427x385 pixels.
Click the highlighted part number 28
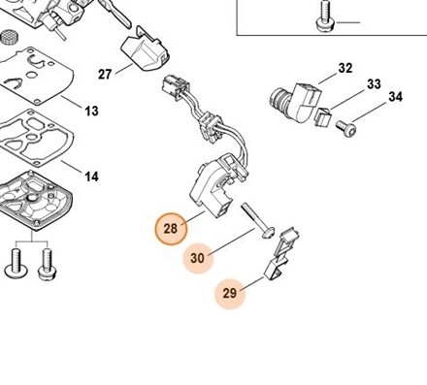[x=171, y=229]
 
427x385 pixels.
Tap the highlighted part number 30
[x=198, y=258]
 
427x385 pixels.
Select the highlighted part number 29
[x=230, y=294]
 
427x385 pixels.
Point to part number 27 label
[x=105, y=75]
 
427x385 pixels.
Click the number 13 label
[x=91, y=111]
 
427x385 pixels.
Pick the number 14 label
[x=91, y=176]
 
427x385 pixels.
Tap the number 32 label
[x=345, y=68]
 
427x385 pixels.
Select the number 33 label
[x=374, y=84]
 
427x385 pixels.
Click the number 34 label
[x=395, y=97]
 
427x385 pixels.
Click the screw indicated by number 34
[x=346, y=128]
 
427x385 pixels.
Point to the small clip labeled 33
[x=323, y=116]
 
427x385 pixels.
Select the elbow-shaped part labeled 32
[x=296, y=102]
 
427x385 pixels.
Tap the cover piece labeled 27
[x=145, y=53]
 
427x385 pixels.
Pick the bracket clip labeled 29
[x=280, y=254]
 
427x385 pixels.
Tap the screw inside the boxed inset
[x=325, y=16]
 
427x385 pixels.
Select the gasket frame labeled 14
[x=37, y=138]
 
